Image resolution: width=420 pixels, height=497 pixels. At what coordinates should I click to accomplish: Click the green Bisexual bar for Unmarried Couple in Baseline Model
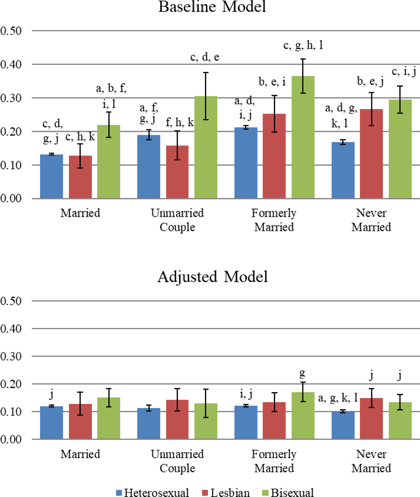(x=206, y=159)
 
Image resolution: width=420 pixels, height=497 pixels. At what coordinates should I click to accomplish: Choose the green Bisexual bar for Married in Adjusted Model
(x=109, y=418)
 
